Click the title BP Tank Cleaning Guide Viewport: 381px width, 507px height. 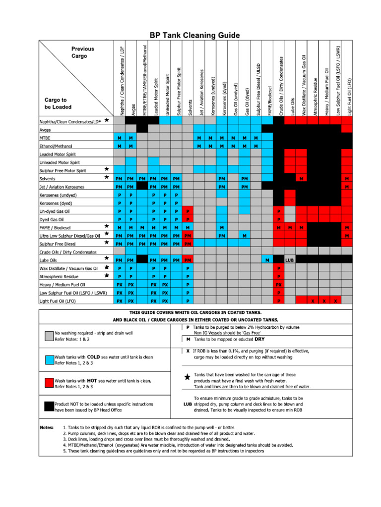point(195,35)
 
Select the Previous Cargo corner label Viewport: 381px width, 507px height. point(82,52)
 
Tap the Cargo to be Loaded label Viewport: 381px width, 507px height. point(58,103)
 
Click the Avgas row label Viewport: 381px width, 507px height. point(45,130)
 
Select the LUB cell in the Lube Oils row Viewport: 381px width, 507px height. point(290,260)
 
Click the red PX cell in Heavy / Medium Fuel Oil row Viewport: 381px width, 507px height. point(279,285)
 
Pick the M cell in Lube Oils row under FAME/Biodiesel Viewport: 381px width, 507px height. point(267,260)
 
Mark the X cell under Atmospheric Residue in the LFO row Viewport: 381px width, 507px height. point(313,301)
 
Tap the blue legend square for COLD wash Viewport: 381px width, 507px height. point(48,360)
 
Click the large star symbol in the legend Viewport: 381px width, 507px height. point(187,377)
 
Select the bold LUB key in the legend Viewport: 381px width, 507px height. point(187,404)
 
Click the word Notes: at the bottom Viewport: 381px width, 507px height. point(48,427)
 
